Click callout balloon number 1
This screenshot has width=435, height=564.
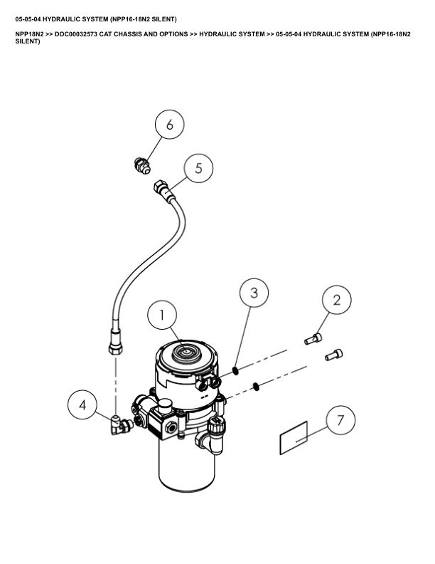coord(162,315)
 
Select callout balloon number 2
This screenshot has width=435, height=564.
coord(337,300)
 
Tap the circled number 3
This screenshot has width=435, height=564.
coord(254,293)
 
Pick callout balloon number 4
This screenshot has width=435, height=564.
coord(82,404)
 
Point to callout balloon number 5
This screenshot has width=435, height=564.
coord(198,168)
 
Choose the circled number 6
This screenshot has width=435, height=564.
coord(169,125)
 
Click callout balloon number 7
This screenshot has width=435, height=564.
coord(340,420)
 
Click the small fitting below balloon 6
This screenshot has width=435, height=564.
coord(141,165)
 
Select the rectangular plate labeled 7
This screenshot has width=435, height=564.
coord(294,438)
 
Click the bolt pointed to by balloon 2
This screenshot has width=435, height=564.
coord(313,339)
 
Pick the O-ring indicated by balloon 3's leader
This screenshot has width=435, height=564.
coord(235,370)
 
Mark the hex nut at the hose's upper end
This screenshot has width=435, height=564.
coord(159,187)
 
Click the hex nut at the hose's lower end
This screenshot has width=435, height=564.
coord(116,348)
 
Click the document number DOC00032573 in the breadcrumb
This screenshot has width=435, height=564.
coord(76,34)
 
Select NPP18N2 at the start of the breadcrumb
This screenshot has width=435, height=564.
coord(29,34)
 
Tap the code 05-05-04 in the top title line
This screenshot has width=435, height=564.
coord(27,19)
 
